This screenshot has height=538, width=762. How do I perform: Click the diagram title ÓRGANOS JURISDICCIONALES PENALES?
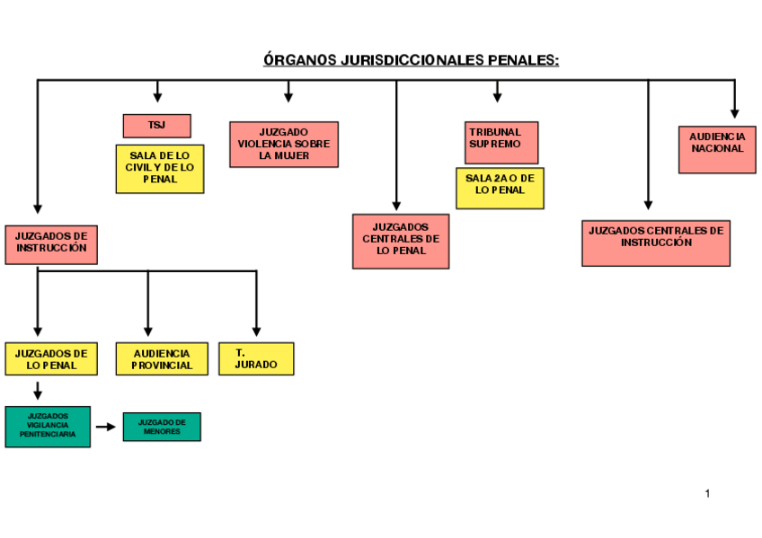coord(411,60)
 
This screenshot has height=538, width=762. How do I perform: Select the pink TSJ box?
coord(156,126)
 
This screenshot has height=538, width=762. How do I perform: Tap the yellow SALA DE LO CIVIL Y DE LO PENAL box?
coord(160,168)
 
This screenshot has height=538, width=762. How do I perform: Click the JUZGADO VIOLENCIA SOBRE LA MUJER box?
coord(284,144)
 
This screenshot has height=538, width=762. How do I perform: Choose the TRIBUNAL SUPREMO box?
coord(501,143)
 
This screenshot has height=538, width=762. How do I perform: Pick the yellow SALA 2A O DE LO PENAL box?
coord(500,188)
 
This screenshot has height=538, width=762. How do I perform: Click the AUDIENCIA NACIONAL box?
coord(717,148)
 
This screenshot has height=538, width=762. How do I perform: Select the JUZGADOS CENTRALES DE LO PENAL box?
coord(401,241)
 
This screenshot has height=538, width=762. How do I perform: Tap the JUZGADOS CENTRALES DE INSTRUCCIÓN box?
coord(656,243)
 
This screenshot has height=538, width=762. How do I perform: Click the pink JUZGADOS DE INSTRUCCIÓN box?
coord(51,244)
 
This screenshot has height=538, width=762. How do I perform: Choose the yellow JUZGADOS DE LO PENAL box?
coord(51,358)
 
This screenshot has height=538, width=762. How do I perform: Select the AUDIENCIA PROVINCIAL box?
coord(162,358)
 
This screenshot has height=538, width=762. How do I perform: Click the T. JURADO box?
coord(256,358)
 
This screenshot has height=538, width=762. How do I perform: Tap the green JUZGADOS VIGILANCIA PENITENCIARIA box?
coord(48,427)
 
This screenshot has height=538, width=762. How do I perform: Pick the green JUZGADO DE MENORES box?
coord(162,427)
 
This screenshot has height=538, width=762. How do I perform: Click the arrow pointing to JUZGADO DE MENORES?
coord(106,427)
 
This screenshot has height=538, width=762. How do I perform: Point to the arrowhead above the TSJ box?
coord(157,97)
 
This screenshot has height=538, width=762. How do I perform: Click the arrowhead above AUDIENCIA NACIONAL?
coord(734,113)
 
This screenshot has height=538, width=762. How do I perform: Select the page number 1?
coord(708,493)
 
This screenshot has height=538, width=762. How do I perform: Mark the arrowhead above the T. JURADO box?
coord(256,331)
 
